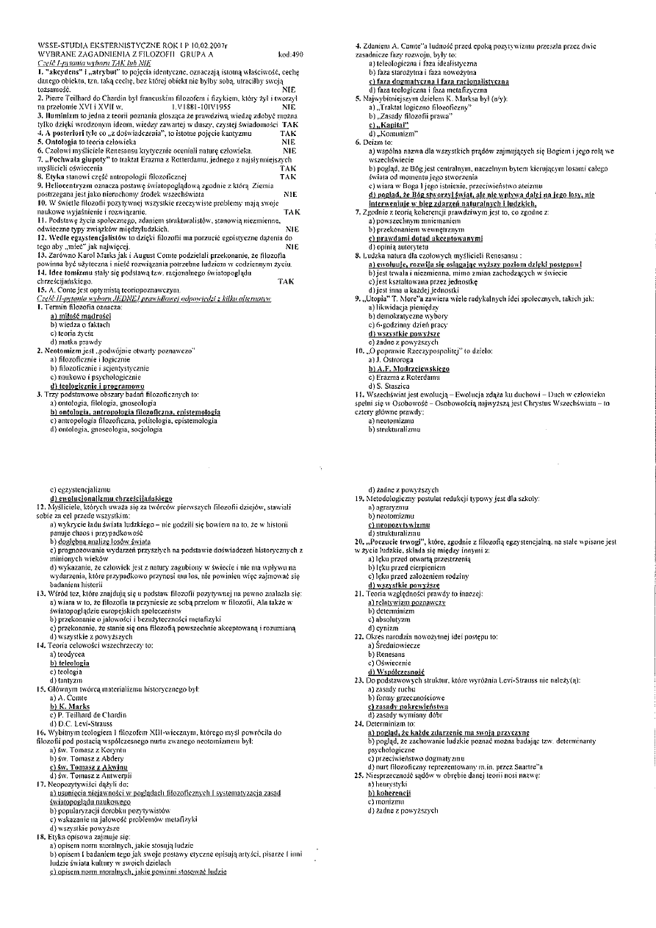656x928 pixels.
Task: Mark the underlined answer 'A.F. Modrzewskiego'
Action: pos(408,367)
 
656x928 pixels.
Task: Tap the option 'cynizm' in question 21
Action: pos(383,608)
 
